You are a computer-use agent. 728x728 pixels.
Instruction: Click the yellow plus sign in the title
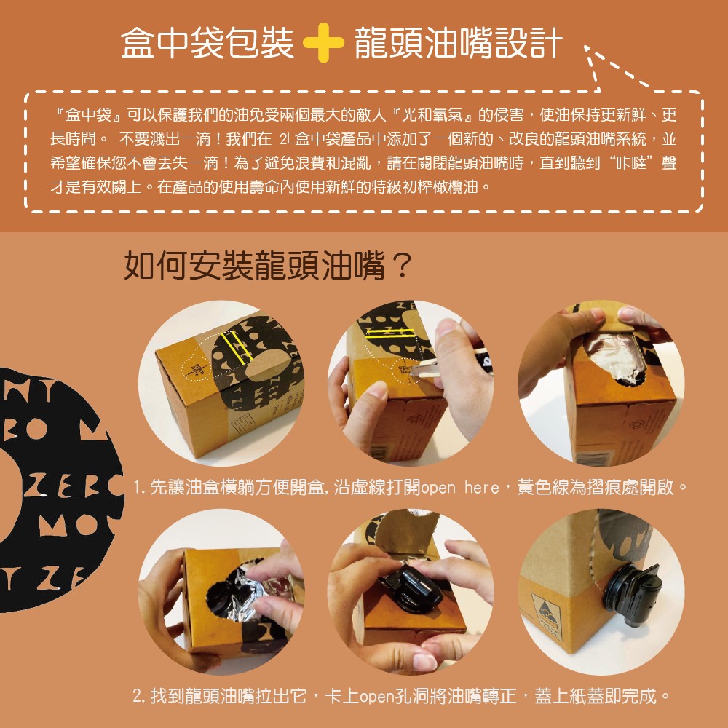323,43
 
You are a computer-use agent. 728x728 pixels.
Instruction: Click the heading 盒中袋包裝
207,43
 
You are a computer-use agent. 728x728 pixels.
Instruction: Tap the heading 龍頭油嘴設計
458,43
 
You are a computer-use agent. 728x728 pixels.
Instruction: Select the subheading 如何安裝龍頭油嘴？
268,266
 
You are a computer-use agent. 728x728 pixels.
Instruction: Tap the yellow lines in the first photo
237,347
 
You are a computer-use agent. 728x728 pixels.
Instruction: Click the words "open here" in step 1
459,488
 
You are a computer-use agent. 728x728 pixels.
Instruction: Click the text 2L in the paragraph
287,139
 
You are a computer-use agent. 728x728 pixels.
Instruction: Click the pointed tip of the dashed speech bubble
586,47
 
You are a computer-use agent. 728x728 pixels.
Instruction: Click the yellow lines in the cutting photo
390,333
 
